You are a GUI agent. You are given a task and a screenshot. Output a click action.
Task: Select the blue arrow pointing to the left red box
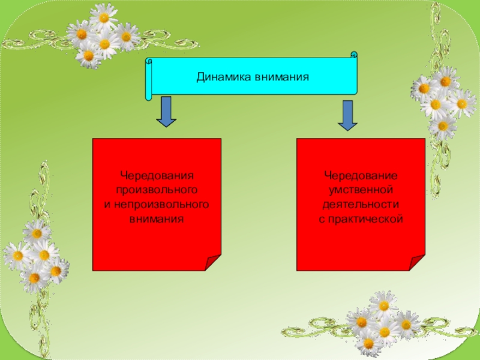(166, 112)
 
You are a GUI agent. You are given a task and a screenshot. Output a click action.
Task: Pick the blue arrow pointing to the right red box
(347, 115)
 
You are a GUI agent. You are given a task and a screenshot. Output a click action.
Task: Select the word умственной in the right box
(361, 190)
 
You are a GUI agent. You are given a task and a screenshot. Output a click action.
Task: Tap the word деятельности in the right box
(361, 205)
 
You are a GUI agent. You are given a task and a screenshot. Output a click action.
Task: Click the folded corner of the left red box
(213, 262)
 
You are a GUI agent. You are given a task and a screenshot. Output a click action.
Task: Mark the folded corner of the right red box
(417, 262)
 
